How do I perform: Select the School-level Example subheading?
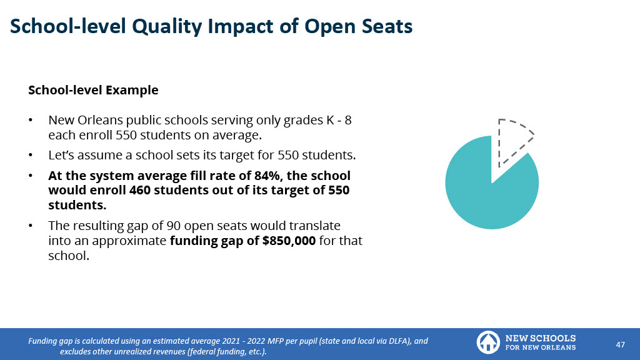93,90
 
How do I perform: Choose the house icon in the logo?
487,342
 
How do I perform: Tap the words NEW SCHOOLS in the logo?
540,337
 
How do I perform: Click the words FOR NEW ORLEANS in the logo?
540,347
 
